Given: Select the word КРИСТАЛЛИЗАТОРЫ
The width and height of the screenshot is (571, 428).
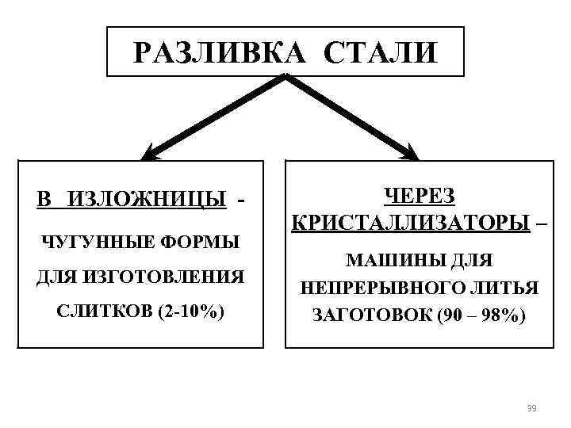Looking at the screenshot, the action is tap(409, 222).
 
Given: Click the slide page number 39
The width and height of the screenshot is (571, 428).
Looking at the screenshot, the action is tap(531, 407).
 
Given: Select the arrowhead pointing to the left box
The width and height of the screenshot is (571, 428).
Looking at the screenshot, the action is tap(151, 151).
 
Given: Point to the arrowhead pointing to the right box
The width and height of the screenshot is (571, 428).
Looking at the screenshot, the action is tap(410, 151).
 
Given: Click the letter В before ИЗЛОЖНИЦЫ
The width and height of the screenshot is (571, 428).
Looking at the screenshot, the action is tap(43, 198).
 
